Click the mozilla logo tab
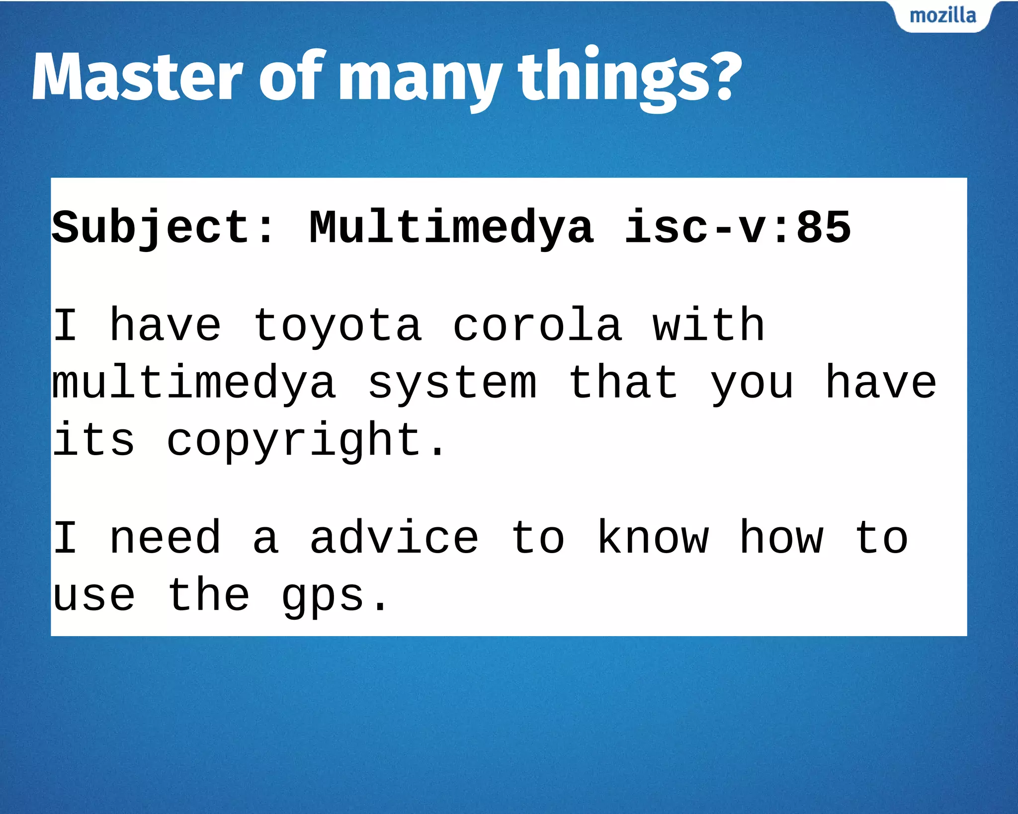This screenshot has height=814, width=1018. [942, 16]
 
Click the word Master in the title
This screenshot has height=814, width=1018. [137, 77]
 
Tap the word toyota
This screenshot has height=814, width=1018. [338, 326]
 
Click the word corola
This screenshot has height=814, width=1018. [537, 326]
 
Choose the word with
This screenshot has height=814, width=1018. [708, 326]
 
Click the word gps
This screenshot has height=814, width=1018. [323, 596]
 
